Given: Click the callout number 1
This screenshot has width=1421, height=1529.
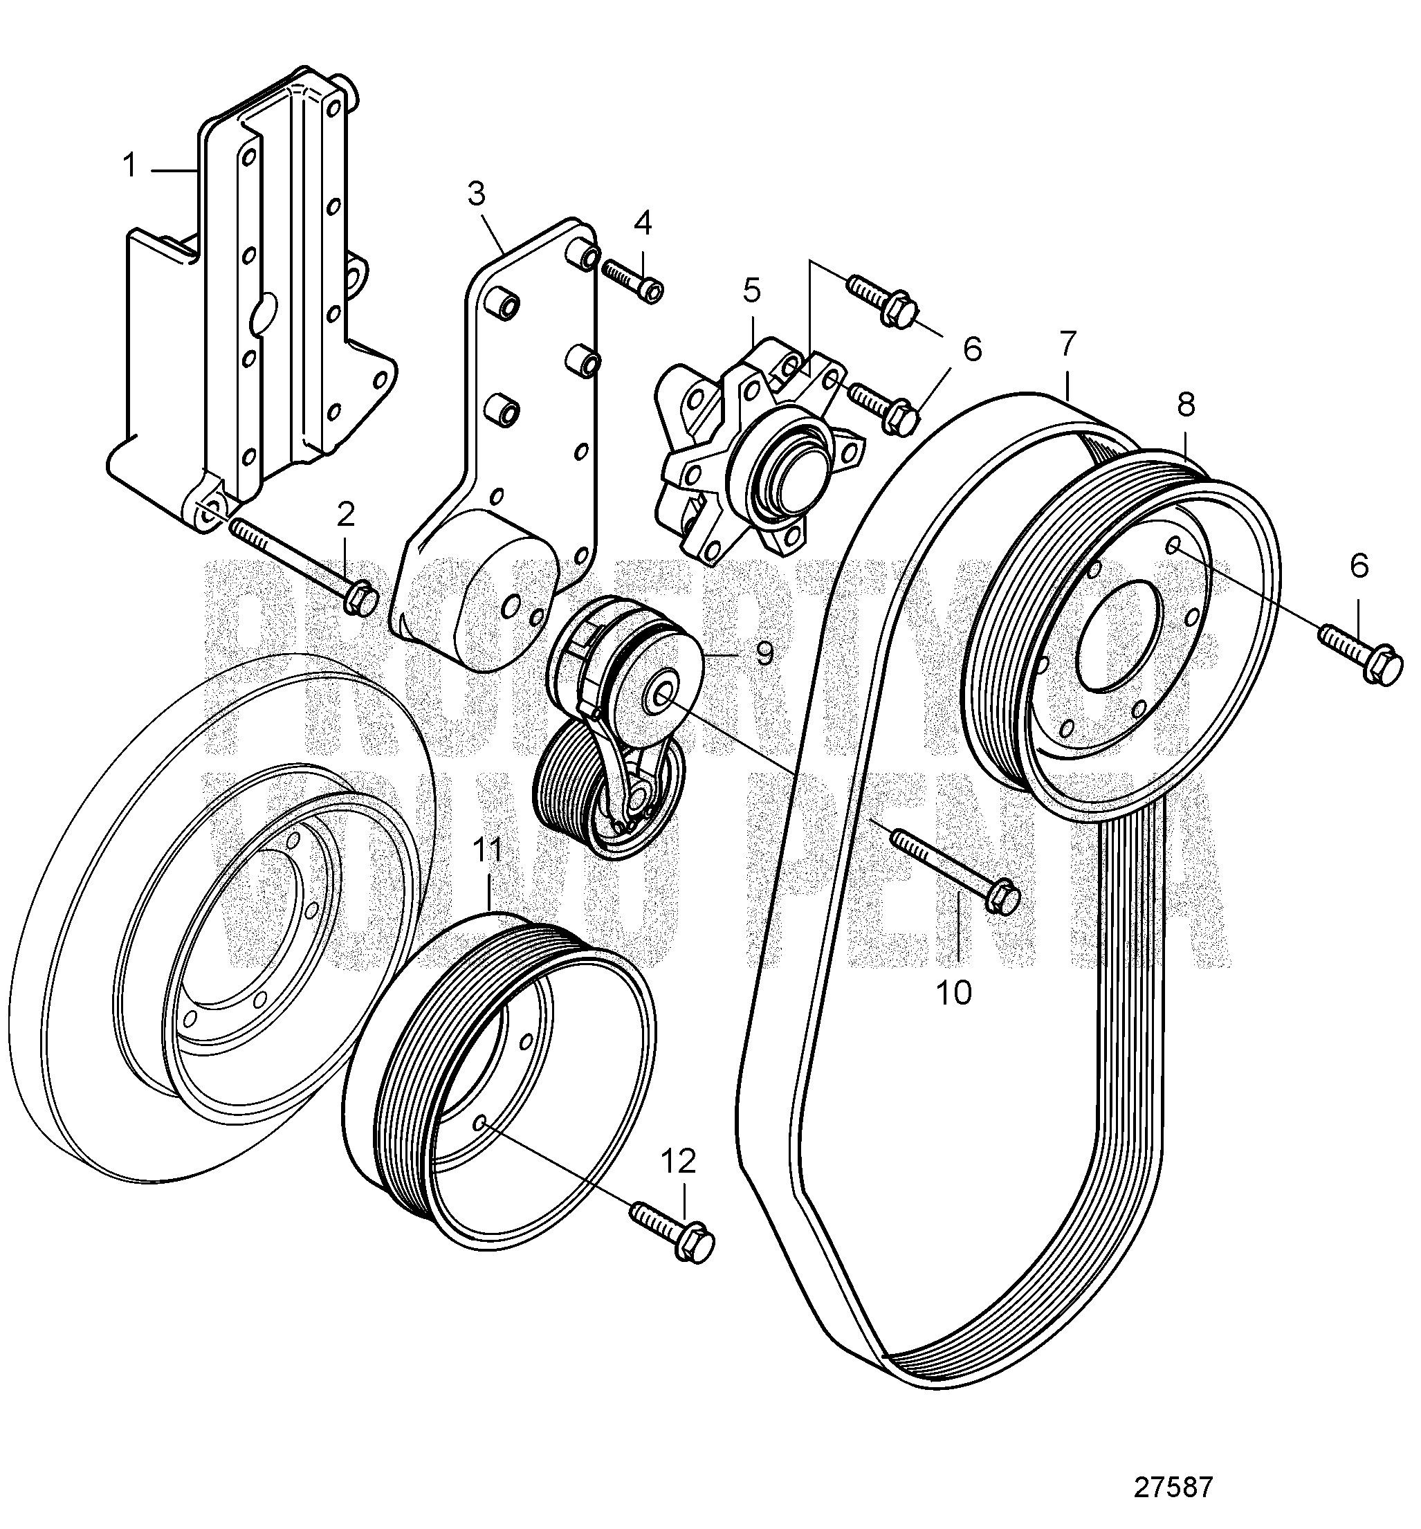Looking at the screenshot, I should [131, 165].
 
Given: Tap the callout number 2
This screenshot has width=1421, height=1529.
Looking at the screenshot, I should [346, 515].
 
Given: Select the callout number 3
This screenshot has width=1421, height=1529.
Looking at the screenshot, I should [477, 194].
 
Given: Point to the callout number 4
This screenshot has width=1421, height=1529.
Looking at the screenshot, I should [643, 223].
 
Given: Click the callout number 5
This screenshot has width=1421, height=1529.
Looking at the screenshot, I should [751, 291].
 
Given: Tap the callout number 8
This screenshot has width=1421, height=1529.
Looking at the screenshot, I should [1186, 405].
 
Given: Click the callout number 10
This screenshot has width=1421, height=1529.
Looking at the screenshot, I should [954, 993].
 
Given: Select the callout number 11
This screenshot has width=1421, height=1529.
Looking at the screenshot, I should [487, 850].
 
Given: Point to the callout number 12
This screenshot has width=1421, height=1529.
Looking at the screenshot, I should [678, 1161].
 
